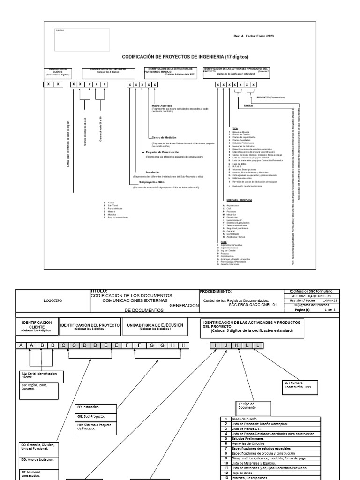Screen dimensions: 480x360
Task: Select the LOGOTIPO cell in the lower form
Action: tap(52, 300)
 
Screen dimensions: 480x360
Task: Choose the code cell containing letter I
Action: tap(215, 345)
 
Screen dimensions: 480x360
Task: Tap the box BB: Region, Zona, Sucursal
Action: tap(39, 389)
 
